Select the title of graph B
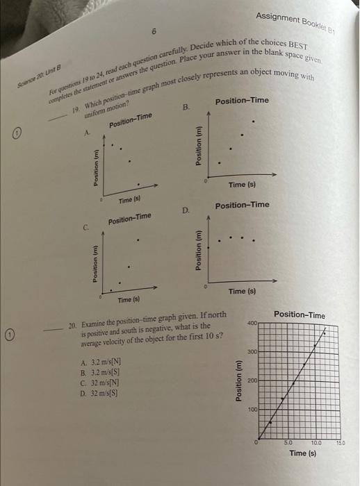click(242, 101)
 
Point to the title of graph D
click(242, 206)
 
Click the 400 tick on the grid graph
click(251, 323)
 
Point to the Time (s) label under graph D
click(242, 292)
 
